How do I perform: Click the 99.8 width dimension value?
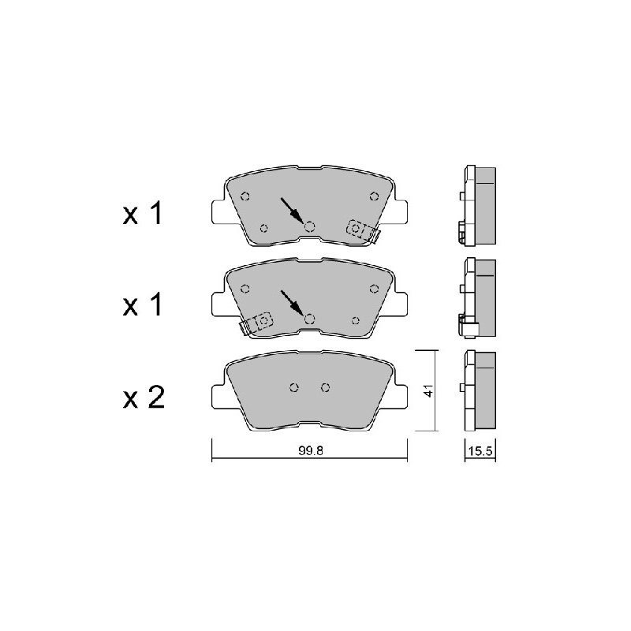(311, 450)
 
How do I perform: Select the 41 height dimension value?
(429, 390)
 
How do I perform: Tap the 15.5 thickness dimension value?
(480, 450)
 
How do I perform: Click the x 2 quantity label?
(144, 398)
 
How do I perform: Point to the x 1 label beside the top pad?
(143, 214)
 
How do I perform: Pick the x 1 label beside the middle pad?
(143, 304)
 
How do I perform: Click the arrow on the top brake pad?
(292, 210)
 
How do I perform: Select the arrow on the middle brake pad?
(292, 302)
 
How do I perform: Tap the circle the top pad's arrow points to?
(309, 227)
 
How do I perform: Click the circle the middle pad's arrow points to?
(309, 319)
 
